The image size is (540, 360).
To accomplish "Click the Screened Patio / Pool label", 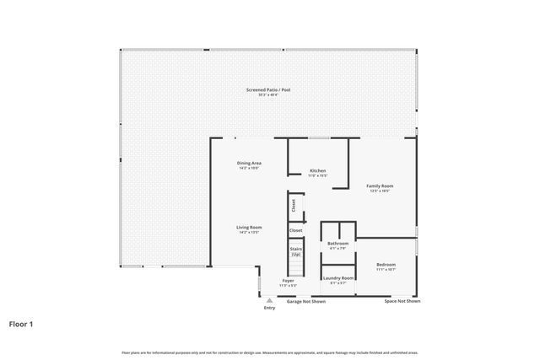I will pos(268,89).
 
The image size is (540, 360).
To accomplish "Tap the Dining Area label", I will pos(249,163).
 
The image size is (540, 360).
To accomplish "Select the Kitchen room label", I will pos(317,170).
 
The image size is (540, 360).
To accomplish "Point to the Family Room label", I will pos(380,185).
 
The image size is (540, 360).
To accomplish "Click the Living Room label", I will pos(249,227).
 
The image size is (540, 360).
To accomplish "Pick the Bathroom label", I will pos(338,244).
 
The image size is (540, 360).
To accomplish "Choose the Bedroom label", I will pos(386,265).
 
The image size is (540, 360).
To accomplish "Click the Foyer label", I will pos(289,281).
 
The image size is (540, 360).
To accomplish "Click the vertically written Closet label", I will pos(294,205).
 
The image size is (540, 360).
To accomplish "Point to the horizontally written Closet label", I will pos(296,230).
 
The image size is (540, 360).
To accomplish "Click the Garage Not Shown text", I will pos(306,301).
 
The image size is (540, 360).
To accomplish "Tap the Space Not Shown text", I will pos(402,301).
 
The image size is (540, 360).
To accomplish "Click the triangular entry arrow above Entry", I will pos(269,299).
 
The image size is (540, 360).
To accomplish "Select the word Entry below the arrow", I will pos(269,308).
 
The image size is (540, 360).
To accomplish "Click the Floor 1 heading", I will pos(21,323).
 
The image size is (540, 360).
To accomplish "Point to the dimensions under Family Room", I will pos(380,191).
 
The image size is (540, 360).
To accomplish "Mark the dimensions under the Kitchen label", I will pos(317,175).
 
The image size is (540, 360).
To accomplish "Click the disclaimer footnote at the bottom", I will pos(270,352).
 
